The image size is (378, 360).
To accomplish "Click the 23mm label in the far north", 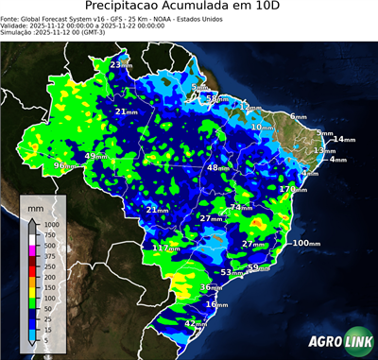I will [121, 64].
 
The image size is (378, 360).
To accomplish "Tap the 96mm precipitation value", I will [65, 166].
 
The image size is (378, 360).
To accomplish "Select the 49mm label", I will [96, 156].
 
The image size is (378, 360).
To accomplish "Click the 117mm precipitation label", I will [165, 248].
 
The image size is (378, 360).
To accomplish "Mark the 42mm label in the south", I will [196, 324].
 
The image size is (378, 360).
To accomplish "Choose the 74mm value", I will [241, 207].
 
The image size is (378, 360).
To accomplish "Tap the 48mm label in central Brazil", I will [218, 167].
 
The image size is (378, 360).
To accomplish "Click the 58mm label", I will [217, 98].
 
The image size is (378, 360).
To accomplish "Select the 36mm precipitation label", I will [211, 287].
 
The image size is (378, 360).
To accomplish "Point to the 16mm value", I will [216, 304].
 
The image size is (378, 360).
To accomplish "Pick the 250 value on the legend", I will [46, 266].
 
